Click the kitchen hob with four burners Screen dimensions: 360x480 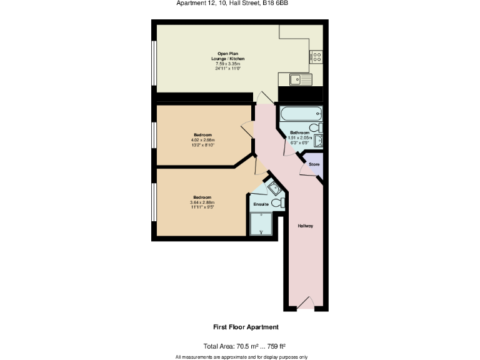(316, 57)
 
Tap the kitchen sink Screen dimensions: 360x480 (299, 79)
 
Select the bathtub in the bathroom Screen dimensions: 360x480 (301, 114)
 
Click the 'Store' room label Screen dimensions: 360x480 (314, 164)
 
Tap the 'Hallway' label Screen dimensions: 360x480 (305, 226)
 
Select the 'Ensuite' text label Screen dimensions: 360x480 (261, 204)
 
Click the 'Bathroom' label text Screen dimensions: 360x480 (299, 132)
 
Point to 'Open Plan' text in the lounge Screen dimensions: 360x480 (228, 54)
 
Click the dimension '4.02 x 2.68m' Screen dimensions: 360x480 (202, 141)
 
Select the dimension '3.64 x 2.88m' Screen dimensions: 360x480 (202, 202)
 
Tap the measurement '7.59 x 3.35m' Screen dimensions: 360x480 (228, 64)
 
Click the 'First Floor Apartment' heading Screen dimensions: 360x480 (246, 327)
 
